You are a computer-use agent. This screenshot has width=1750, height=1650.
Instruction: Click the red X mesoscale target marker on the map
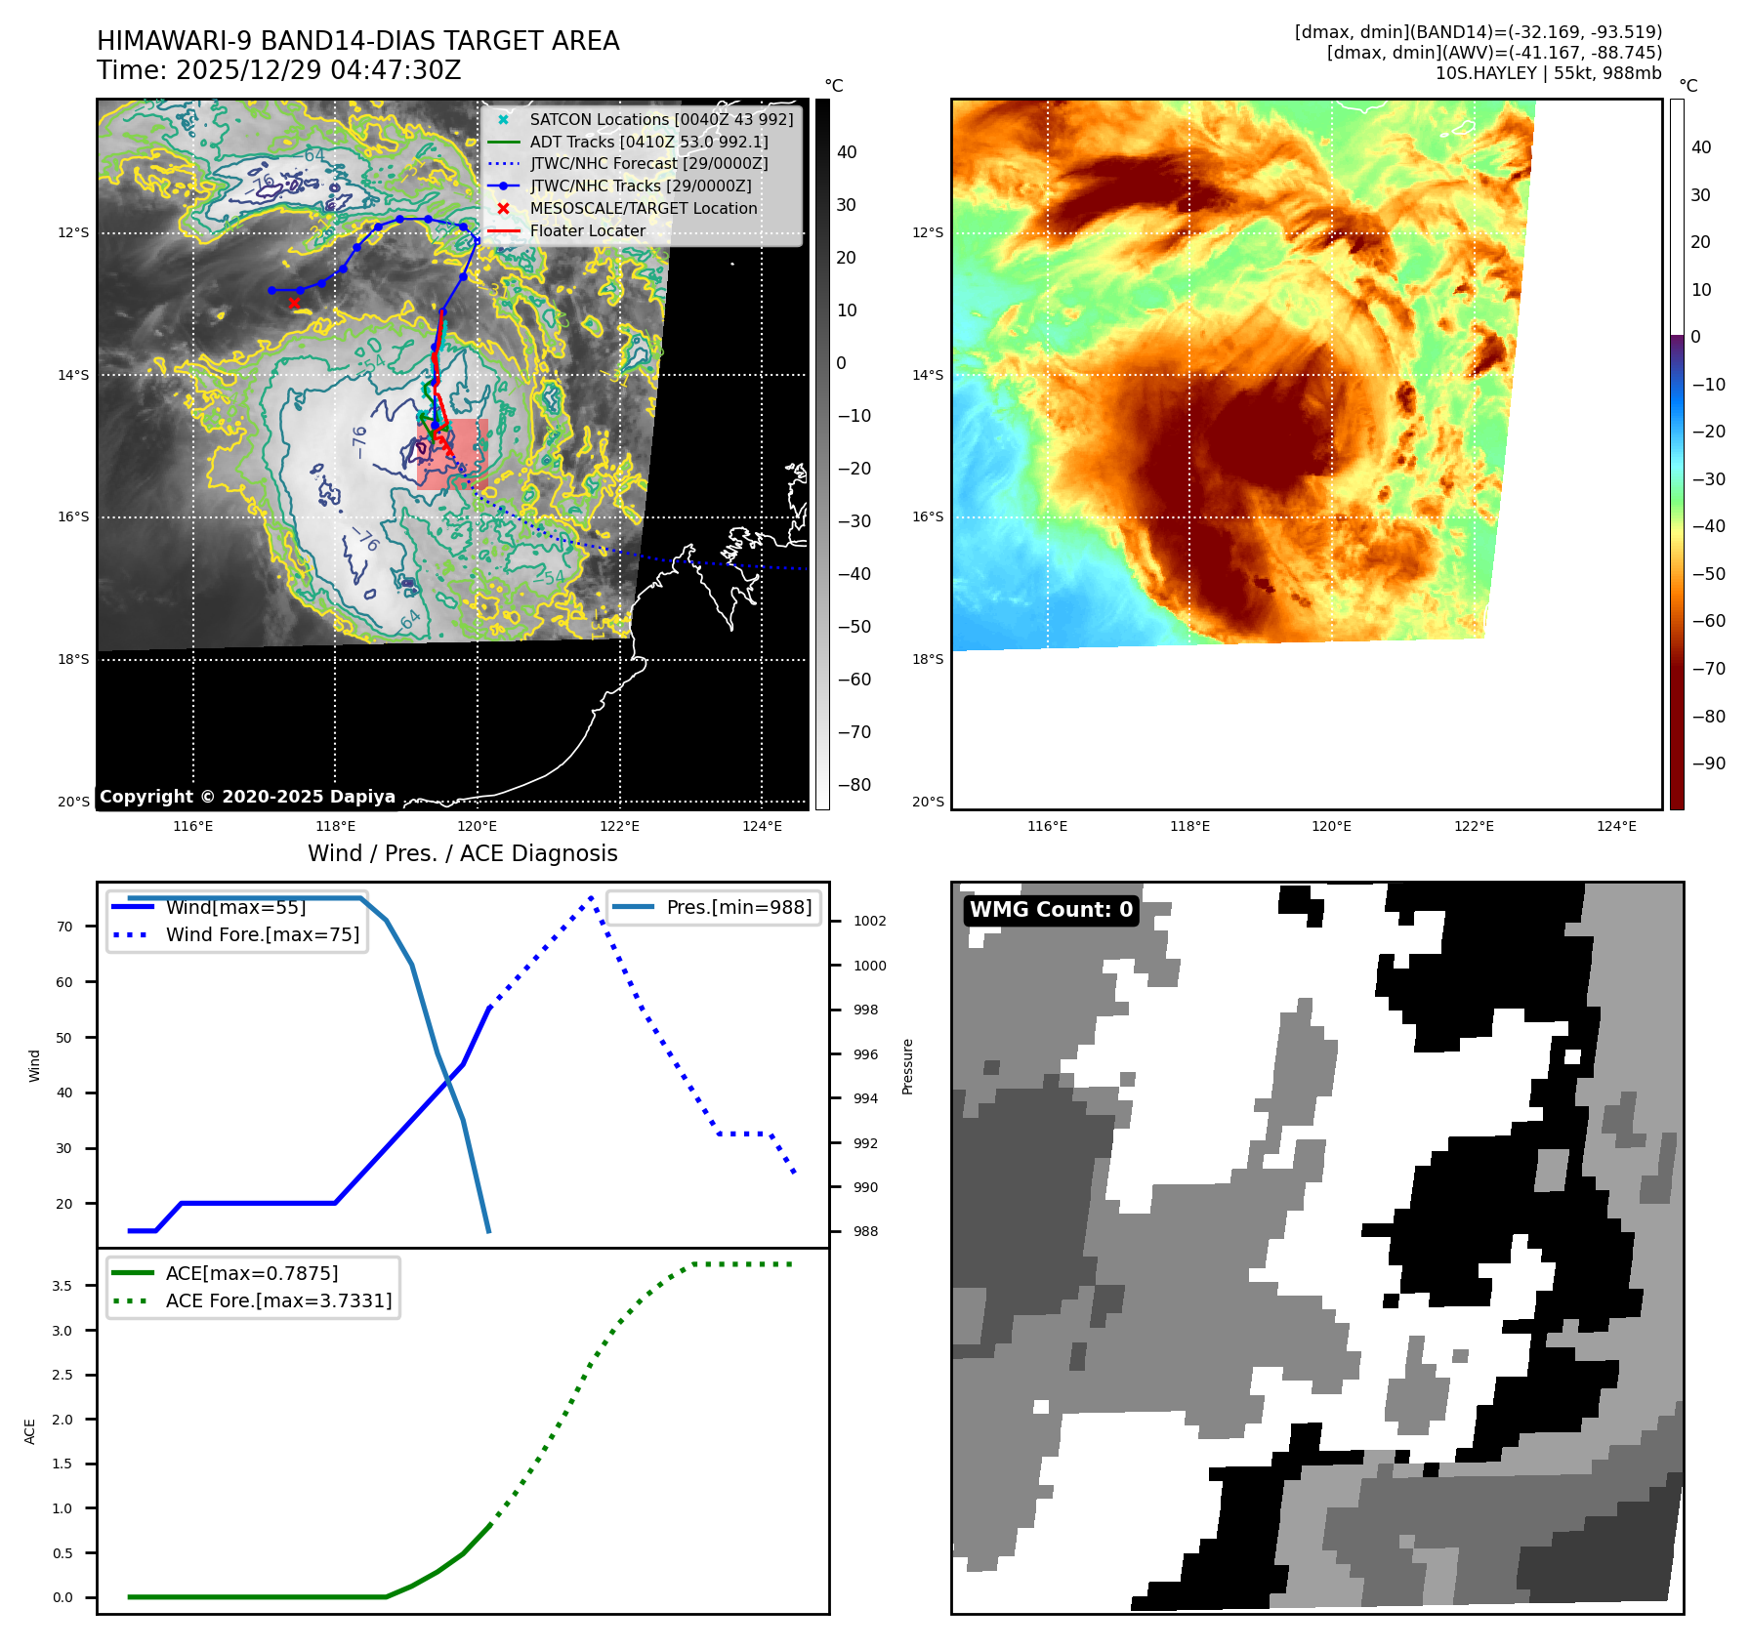pyautogui.click(x=294, y=303)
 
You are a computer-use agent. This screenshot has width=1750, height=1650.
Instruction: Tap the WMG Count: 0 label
pyautogui.click(x=1051, y=910)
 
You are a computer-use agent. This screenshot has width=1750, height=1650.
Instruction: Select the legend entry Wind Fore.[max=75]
pyautogui.click(x=262, y=935)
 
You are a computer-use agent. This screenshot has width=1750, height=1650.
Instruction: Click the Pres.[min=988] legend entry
pyautogui.click(x=738, y=908)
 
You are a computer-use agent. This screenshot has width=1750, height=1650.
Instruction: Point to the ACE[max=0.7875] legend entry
pyautogui.click(x=252, y=1274)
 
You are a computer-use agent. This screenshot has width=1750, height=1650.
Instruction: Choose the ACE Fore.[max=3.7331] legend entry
pyautogui.click(x=278, y=1301)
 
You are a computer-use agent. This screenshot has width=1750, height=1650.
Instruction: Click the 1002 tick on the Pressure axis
pyautogui.click(x=869, y=922)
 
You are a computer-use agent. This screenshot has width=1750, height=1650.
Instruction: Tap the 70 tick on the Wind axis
pyautogui.click(x=64, y=928)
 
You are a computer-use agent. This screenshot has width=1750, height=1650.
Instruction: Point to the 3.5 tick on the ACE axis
pyautogui.click(x=62, y=1287)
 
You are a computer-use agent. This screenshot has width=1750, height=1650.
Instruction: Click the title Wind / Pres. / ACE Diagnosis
pyautogui.click(x=462, y=854)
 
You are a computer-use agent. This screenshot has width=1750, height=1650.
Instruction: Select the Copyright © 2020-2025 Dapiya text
pyautogui.click(x=247, y=797)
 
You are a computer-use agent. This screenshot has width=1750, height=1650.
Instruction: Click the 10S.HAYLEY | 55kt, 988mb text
pyautogui.click(x=1548, y=73)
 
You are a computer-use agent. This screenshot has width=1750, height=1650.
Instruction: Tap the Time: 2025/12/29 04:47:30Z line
pyautogui.click(x=278, y=71)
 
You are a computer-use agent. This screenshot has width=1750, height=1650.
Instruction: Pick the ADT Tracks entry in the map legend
pyautogui.click(x=648, y=143)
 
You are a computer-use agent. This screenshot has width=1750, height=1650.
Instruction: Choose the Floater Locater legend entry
pyautogui.click(x=587, y=231)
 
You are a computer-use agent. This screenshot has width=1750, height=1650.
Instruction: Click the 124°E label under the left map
pyautogui.click(x=762, y=827)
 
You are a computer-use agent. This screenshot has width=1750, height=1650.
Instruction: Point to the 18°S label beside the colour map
pyautogui.click(x=928, y=660)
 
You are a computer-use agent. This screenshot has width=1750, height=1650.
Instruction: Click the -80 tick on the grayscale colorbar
pyautogui.click(x=854, y=785)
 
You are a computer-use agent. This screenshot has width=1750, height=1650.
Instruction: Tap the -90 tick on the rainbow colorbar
pyautogui.click(x=1708, y=763)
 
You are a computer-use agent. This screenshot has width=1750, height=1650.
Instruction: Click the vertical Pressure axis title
pyautogui.click(x=908, y=1066)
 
